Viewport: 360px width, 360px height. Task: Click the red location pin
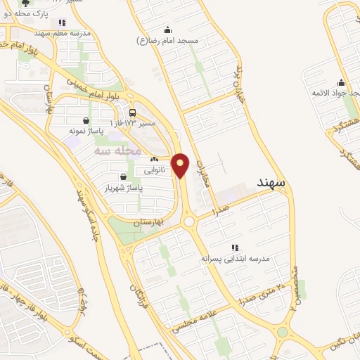[181, 165]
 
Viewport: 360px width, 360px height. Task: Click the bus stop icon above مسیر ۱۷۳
[133, 112]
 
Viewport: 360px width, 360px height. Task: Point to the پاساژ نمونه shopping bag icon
[86, 120]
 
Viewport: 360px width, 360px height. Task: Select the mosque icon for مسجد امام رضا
[167, 30]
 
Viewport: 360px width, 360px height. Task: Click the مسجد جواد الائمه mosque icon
[340, 82]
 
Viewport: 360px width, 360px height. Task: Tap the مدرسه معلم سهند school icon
[63, 23]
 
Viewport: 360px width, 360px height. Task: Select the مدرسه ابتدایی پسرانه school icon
[236, 247]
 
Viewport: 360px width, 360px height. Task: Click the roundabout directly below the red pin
[188, 221]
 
